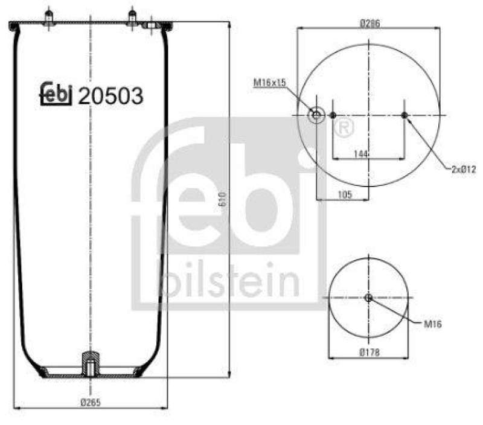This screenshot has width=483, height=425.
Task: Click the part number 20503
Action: (x=111, y=95)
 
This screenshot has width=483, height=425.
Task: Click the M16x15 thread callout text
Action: (x=269, y=83)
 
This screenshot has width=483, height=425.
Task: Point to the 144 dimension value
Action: (x=360, y=155)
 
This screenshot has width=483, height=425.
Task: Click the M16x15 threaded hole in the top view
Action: (x=316, y=115)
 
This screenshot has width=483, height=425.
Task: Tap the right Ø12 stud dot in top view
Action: (x=404, y=115)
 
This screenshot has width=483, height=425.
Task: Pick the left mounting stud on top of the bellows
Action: (x=47, y=18)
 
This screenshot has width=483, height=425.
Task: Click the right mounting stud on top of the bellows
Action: (x=131, y=18)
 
